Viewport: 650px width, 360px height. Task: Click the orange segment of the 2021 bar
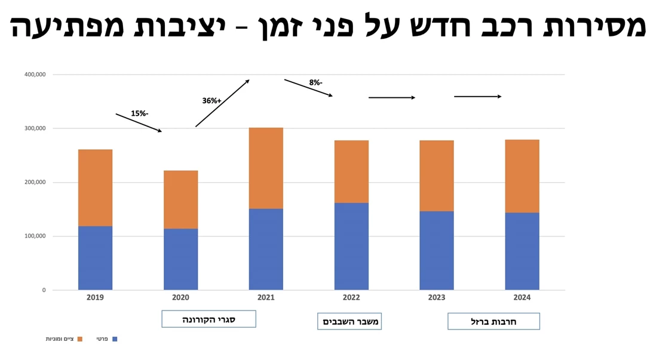(x=266, y=168)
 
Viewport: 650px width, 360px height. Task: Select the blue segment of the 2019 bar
(x=95, y=257)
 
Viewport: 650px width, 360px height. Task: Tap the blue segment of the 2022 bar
(x=351, y=246)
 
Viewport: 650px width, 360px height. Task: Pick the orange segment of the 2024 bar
(x=522, y=176)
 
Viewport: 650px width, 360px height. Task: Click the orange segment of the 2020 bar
(x=180, y=199)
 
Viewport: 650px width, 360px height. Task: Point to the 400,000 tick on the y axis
(x=34, y=75)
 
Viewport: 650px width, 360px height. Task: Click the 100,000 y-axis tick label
(x=34, y=236)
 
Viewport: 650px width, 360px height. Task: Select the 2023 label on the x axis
(x=437, y=297)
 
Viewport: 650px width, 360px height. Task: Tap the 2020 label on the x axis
(x=180, y=297)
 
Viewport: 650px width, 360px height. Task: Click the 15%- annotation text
(x=139, y=113)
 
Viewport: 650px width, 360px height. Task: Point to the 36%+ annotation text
(x=211, y=101)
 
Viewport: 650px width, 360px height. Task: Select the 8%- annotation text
(x=315, y=82)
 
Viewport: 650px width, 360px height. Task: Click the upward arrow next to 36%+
(x=222, y=103)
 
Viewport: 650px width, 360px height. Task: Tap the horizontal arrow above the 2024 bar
(x=477, y=96)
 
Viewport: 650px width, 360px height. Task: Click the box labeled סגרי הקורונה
(x=209, y=319)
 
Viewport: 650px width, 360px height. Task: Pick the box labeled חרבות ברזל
(x=493, y=321)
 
